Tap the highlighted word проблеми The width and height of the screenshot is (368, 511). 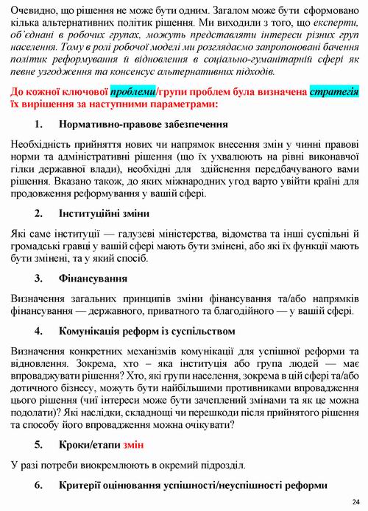(133, 91)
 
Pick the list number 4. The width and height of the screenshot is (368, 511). (40, 331)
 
